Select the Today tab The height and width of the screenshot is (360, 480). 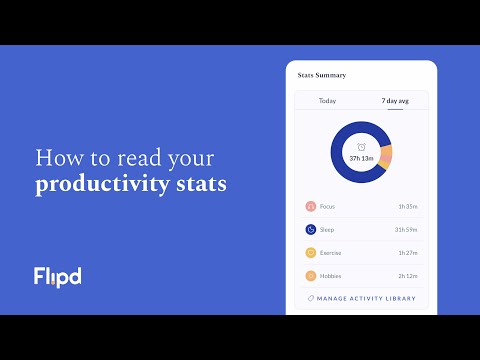(327, 101)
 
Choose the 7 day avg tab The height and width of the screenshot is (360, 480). (395, 101)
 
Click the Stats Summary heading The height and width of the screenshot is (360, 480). (321, 74)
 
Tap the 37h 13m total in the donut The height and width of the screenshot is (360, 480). (361, 159)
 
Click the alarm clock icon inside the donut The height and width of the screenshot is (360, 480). (361, 147)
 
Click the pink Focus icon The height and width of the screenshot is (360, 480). (311, 207)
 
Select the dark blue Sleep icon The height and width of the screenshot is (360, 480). (311, 230)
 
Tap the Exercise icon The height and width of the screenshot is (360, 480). (311, 253)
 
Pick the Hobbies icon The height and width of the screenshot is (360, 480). (311, 276)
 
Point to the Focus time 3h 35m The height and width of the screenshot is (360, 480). (407, 207)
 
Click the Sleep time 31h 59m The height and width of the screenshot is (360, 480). (405, 230)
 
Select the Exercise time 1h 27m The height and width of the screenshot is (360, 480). (407, 253)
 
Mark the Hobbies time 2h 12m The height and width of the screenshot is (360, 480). (407, 276)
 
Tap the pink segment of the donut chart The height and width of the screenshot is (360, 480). (386, 155)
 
